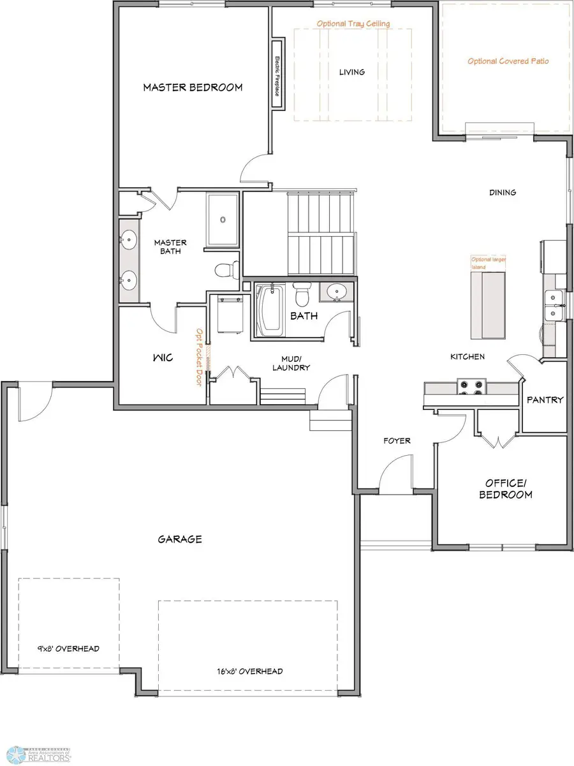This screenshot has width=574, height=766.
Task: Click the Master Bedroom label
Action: pyautogui.click(x=193, y=87)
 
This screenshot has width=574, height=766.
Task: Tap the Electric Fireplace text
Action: pyautogui.click(x=278, y=76)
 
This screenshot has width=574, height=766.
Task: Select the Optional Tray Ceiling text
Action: pyautogui.click(x=353, y=24)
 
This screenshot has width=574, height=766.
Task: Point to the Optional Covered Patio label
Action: pyautogui.click(x=508, y=61)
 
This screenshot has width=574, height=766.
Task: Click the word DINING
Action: pyautogui.click(x=502, y=192)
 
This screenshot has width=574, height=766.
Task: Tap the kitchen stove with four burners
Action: pyautogui.click(x=472, y=389)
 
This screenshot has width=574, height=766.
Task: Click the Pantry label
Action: pyautogui.click(x=545, y=400)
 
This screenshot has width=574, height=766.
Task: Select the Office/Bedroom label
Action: pyautogui.click(x=506, y=489)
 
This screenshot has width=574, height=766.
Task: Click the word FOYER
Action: pyautogui.click(x=397, y=440)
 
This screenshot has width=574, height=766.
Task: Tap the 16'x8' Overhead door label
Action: pyautogui.click(x=249, y=671)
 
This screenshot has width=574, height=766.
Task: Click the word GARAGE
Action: pyautogui.click(x=180, y=539)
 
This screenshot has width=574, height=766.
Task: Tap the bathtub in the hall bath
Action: pyautogui.click(x=270, y=311)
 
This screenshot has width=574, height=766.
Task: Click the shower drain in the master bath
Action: pyautogui.click(x=223, y=220)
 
